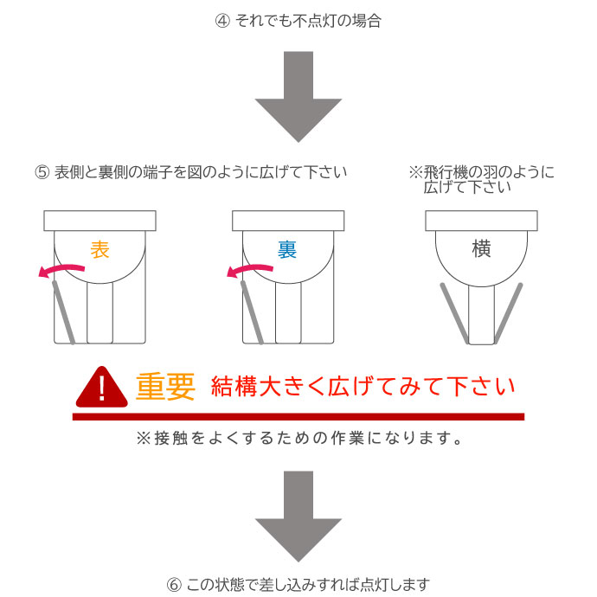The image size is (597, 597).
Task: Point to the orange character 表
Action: [x=100, y=250]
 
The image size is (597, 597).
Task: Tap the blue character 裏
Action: [x=287, y=250]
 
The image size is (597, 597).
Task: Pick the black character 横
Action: [x=481, y=249]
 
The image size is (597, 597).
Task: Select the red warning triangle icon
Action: [x=102, y=388]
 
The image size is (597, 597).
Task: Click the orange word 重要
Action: [x=165, y=387]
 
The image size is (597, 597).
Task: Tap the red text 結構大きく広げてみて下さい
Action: [x=363, y=387]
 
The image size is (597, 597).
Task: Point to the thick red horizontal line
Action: [x=298, y=417]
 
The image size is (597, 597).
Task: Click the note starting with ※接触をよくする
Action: [x=298, y=439]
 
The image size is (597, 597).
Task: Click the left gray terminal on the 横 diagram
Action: [x=453, y=311]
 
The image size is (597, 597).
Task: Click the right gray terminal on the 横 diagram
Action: [x=510, y=311]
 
